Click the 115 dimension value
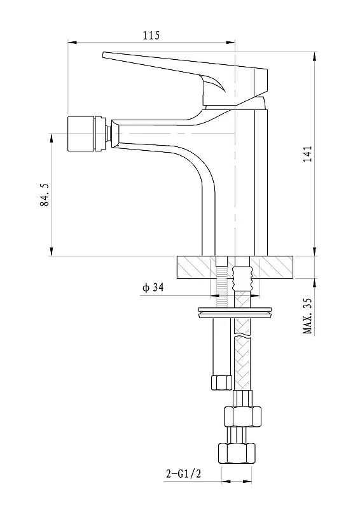(x=151, y=35)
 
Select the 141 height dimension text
(x=307, y=154)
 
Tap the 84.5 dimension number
(x=45, y=195)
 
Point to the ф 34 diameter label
(x=153, y=288)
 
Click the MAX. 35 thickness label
(x=307, y=316)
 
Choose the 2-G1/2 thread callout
(x=183, y=473)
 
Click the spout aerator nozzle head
(x=81, y=133)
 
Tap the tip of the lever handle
(x=103, y=55)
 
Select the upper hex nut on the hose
(x=242, y=417)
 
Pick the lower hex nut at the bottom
(x=237, y=453)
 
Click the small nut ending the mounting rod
(x=221, y=382)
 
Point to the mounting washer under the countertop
(x=235, y=311)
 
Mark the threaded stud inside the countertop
(x=222, y=286)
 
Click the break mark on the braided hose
(x=242, y=335)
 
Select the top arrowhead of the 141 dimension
(x=315, y=57)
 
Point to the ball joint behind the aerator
(x=109, y=133)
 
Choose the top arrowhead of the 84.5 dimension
(x=52, y=138)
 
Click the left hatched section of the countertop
(x=197, y=267)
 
